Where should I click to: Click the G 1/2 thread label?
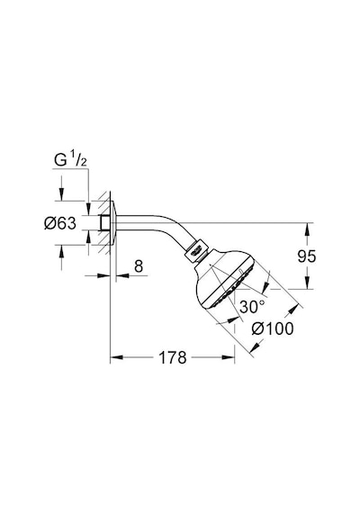pyautogui.click(x=70, y=160)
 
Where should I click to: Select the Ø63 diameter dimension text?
pyautogui.click(x=60, y=223)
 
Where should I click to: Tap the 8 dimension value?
pyautogui.click(x=139, y=266)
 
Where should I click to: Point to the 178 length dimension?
pyautogui.click(x=173, y=357)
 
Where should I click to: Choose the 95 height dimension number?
pyautogui.click(x=307, y=256)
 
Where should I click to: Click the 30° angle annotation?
pyautogui.click(x=252, y=307)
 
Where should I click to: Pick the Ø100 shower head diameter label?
pyautogui.click(x=273, y=328)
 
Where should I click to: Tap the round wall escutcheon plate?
pyautogui.click(x=112, y=223)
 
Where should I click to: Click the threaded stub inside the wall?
pyautogui.click(x=105, y=222)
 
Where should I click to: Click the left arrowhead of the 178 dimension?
pyautogui.click(x=116, y=357)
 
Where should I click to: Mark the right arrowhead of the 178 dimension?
pyautogui.click(x=229, y=357)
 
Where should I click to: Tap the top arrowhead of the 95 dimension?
pyautogui.click(x=307, y=229)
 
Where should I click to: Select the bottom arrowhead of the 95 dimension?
pyautogui.click(x=307, y=283)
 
